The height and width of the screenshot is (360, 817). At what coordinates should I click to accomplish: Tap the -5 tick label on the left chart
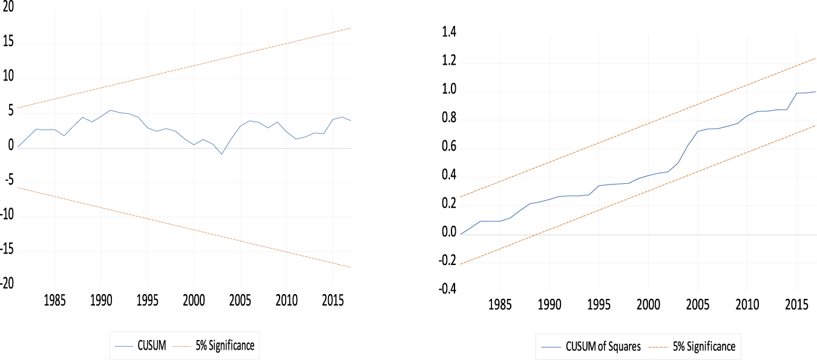7,182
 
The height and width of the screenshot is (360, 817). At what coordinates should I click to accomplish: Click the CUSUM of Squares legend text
602,347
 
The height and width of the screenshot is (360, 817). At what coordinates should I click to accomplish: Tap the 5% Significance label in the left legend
225,346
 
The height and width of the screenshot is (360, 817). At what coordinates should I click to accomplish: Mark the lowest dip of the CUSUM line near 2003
221,154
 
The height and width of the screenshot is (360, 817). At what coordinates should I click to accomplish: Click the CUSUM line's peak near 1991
110,110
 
